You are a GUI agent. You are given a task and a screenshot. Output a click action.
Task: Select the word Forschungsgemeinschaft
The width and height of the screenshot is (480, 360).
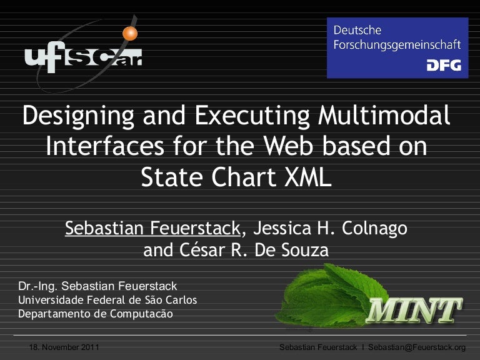pos(397,45)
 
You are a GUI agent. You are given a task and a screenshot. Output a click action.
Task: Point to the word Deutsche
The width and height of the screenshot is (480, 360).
pos(357,29)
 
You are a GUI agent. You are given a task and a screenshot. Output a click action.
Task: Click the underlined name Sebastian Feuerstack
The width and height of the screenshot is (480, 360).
pos(152,229)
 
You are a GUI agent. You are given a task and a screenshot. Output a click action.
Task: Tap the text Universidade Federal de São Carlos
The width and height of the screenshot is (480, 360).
pos(107,300)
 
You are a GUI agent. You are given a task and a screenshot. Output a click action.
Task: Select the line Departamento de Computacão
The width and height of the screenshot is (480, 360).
pos(95,314)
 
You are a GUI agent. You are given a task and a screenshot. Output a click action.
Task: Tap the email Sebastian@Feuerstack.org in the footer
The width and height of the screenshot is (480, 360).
pos(417,347)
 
